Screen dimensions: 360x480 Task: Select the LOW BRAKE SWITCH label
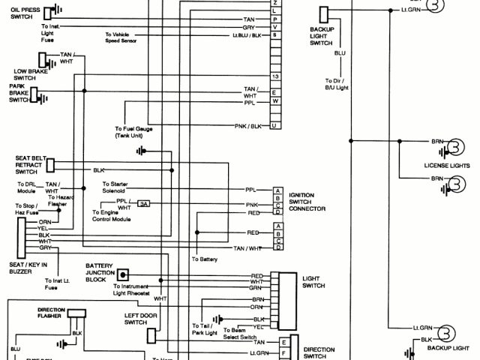(25, 74)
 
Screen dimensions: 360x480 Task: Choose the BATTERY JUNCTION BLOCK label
(99, 274)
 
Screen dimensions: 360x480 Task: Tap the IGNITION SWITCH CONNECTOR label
(306, 201)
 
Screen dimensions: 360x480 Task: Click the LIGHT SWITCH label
(313, 282)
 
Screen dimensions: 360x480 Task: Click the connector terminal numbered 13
(276, 76)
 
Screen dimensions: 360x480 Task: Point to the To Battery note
(205, 259)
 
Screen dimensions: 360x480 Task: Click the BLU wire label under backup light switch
(340, 53)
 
